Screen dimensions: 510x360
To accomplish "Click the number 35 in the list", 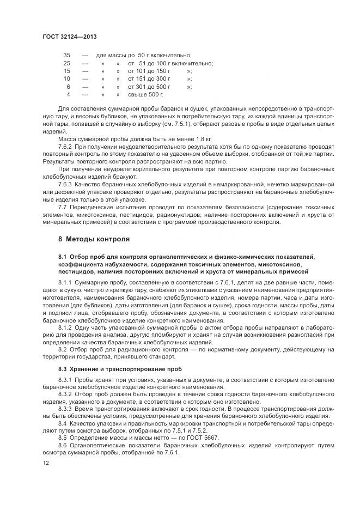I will tap(67, 56).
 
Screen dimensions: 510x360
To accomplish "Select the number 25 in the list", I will tap(67, 63).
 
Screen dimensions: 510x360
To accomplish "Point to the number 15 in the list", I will tap(67, 71).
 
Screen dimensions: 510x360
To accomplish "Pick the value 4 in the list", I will tap(69, 94).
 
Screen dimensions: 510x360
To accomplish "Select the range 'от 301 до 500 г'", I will tap(149, 87).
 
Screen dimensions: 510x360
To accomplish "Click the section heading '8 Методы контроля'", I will tap(94, 239).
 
